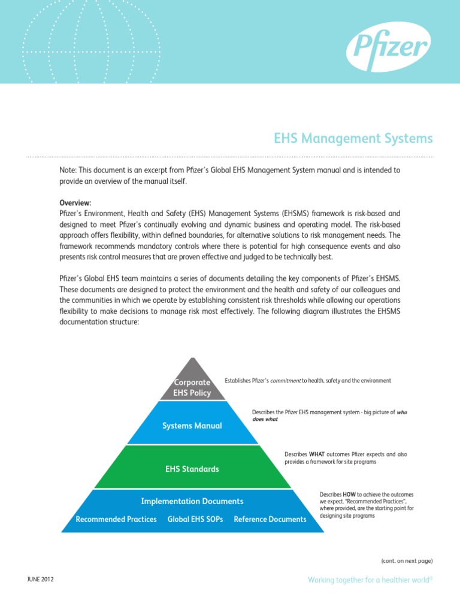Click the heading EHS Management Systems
click(352, 139)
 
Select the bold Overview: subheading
click(75, 203)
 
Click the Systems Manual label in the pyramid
click(192, 426)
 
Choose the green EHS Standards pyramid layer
click(192, 469)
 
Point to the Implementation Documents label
click(192, 501)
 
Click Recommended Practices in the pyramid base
click(116, 519)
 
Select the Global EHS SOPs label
click(195, 519)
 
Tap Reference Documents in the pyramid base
click(270, 519)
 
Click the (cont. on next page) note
click(407, 561)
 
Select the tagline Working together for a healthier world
click(370, 580)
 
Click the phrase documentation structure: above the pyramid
click(99, 321)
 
